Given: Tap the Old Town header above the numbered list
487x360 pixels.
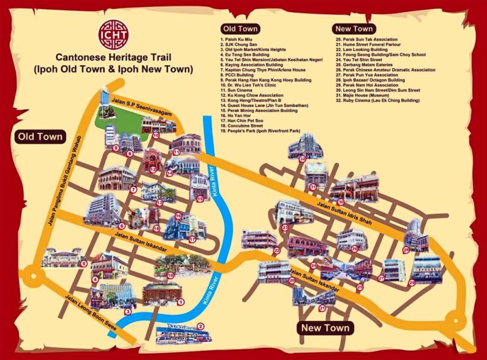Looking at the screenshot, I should coord(240,29).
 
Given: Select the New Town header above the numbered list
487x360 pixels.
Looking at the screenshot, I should coord(353,29).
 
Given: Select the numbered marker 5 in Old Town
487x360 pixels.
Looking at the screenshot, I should coord(83,263).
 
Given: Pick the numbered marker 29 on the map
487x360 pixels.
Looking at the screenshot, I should coord(412,282).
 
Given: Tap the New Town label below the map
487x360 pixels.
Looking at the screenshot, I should coord(325,328).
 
